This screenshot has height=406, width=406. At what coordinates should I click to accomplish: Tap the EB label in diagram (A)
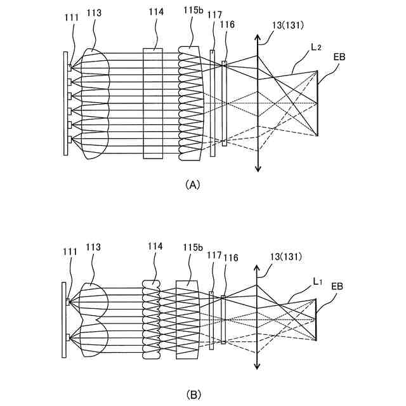340,58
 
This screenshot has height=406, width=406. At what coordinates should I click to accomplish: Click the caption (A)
192,184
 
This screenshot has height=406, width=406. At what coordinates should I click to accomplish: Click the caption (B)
192,394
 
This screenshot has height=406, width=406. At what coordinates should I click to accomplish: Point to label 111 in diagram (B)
70,252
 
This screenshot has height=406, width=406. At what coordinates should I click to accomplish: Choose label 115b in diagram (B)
193,247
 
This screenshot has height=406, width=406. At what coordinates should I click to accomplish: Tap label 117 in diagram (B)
213,255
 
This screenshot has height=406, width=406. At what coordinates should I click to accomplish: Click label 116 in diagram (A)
224,25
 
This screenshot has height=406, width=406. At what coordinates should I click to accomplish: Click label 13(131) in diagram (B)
284,256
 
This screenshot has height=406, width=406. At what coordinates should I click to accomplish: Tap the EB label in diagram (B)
338,286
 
